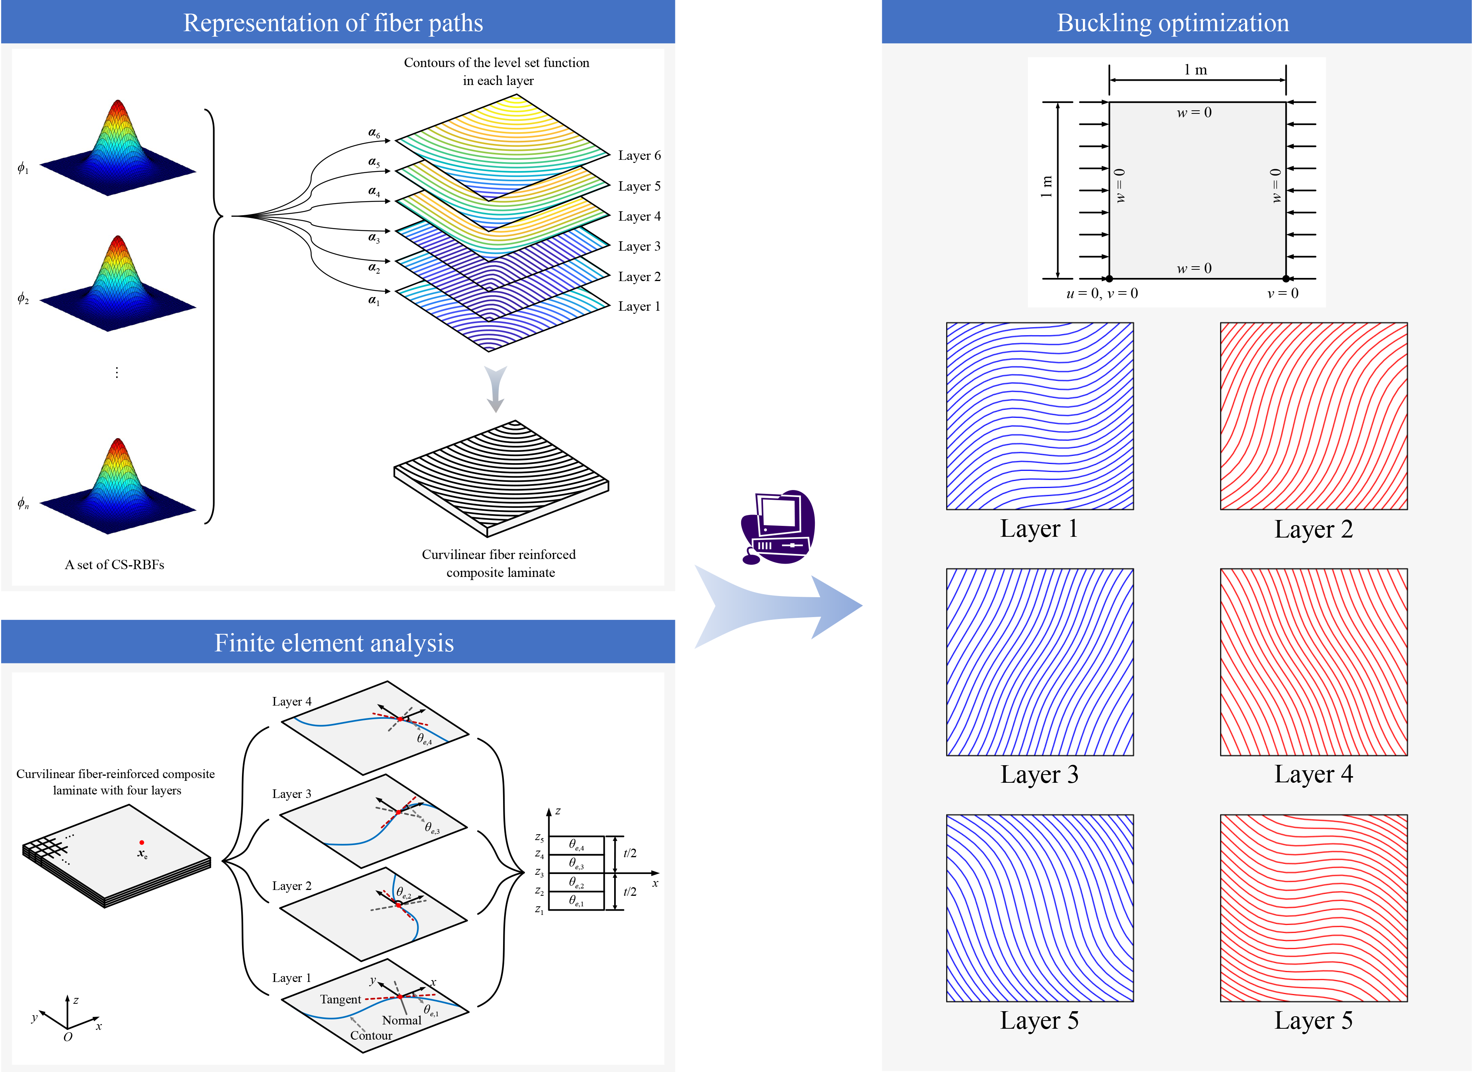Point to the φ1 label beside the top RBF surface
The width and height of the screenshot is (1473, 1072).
pyautogui.click(x=23, y=168)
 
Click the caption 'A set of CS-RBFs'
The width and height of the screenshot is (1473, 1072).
pyautogui.click(x=114, y=564)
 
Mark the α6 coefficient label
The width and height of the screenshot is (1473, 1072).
pyautogui.click(x=374, y=133)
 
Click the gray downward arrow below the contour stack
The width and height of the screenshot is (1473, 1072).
pyautogui.click(x=496, y=389)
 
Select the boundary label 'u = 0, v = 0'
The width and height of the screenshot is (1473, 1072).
pyautogui.click(x=1102, y=294)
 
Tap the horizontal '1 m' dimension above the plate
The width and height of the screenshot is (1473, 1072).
pyautogui.click(x=1195, y=70)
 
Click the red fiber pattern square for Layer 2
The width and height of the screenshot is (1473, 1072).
pyautogui.click(x=1313, y=416)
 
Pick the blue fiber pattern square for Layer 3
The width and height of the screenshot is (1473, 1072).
pyautogui.click(x=1039, y=662)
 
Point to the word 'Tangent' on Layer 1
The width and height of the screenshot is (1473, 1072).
pyautogui.click(x=340, y=999)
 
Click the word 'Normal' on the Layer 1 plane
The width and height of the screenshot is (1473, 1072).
pyautogui.click(x=401, y=1020)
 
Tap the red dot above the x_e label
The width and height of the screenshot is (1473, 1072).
pyautogui.click(x=141, y=843)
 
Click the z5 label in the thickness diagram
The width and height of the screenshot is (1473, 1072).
pyautogui.click(x=539, y=838)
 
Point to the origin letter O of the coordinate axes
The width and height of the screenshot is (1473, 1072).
pyautogui.click(x=67, y=1037)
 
